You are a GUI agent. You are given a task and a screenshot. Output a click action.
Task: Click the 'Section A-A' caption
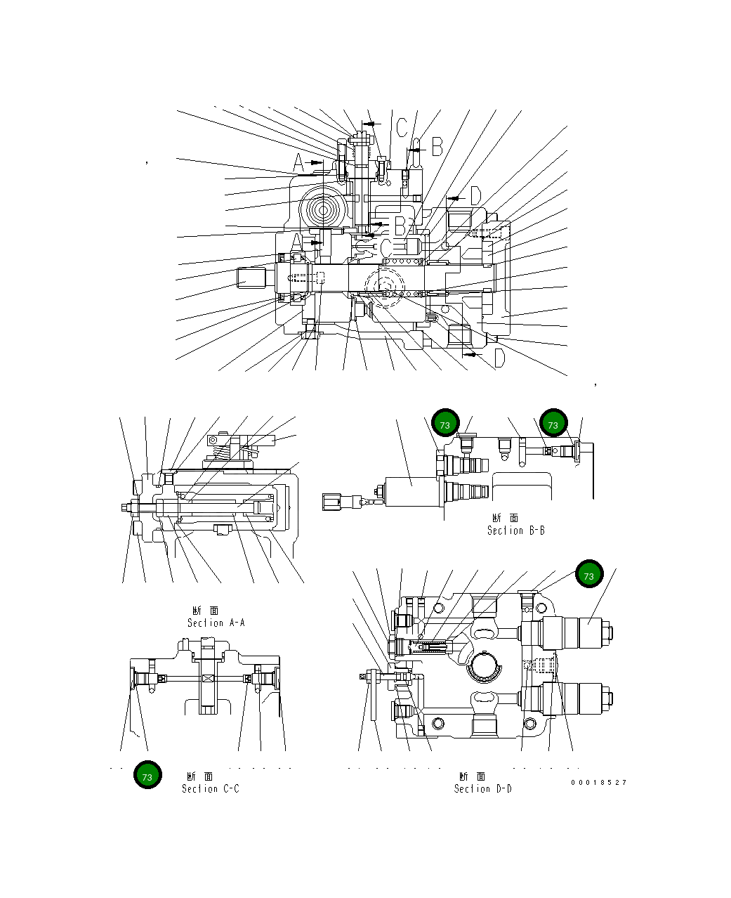[216, 623]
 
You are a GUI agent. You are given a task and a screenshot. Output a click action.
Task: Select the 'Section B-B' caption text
[515, 531]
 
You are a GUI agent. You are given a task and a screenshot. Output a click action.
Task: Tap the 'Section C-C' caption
[210, 788]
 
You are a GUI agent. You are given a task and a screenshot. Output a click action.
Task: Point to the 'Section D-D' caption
[482, 788]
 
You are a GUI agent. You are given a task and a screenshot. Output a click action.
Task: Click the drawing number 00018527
[598, 782]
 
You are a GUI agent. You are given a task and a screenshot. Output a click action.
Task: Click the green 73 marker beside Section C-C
[147, 776]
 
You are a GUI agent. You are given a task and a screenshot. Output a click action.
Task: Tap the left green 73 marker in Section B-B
[444, 424]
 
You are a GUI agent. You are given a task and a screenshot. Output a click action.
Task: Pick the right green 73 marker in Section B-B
[553, 424]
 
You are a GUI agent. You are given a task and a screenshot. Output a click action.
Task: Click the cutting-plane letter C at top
[401, 128]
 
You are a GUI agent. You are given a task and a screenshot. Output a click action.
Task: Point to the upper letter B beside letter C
[436, 146]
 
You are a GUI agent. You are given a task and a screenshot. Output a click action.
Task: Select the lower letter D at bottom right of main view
[499, 358]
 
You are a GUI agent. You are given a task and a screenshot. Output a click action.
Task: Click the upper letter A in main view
[298, 163]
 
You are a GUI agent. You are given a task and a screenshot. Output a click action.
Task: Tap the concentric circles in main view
[324, 209]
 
